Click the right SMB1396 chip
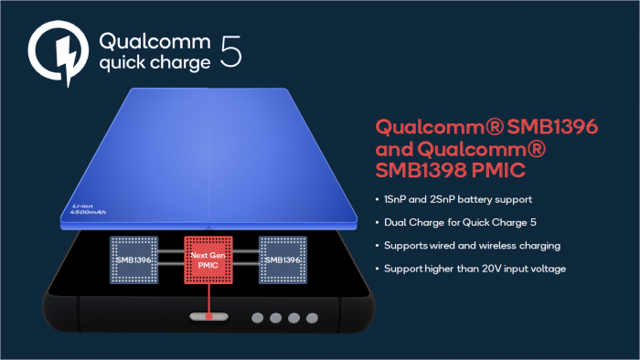(284, 259)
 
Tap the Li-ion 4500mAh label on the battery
(90, 211)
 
